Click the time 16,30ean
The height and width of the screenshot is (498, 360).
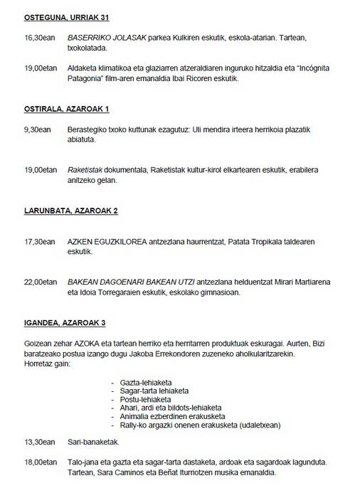[x=39, y=36]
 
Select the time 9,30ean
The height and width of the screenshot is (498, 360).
[x=38, y=129]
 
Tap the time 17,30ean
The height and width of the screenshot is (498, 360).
[x=39, y=242]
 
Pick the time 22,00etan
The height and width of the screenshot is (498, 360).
[x=41, y=283]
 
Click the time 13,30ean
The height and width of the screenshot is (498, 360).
[x=39, y=441]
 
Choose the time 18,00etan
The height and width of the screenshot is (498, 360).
[x=41, y=462]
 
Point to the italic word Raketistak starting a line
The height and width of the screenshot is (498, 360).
[x=85, y=170]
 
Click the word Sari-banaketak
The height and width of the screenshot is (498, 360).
[x=90, y=441]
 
